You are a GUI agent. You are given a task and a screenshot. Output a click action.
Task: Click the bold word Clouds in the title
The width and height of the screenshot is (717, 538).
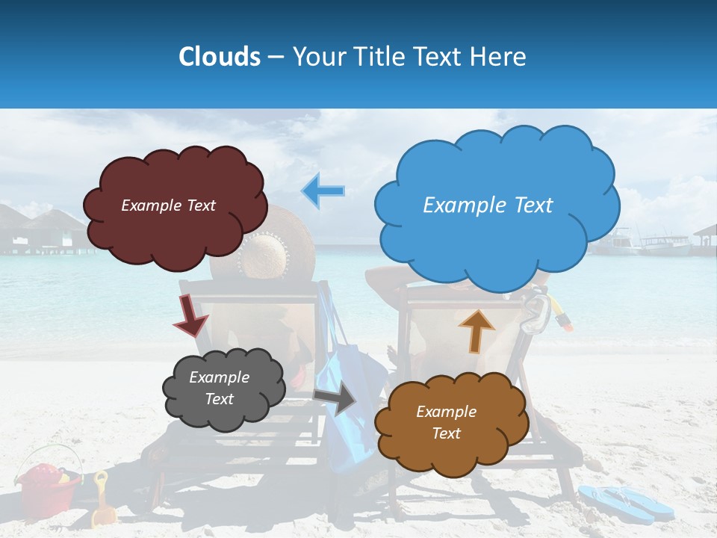220,57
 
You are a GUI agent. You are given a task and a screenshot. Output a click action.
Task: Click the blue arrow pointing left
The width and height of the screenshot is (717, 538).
323,191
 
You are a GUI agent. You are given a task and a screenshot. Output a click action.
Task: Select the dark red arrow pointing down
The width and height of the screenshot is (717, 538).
190,315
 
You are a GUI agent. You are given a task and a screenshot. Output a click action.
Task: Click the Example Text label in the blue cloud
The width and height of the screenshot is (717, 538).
488,205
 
